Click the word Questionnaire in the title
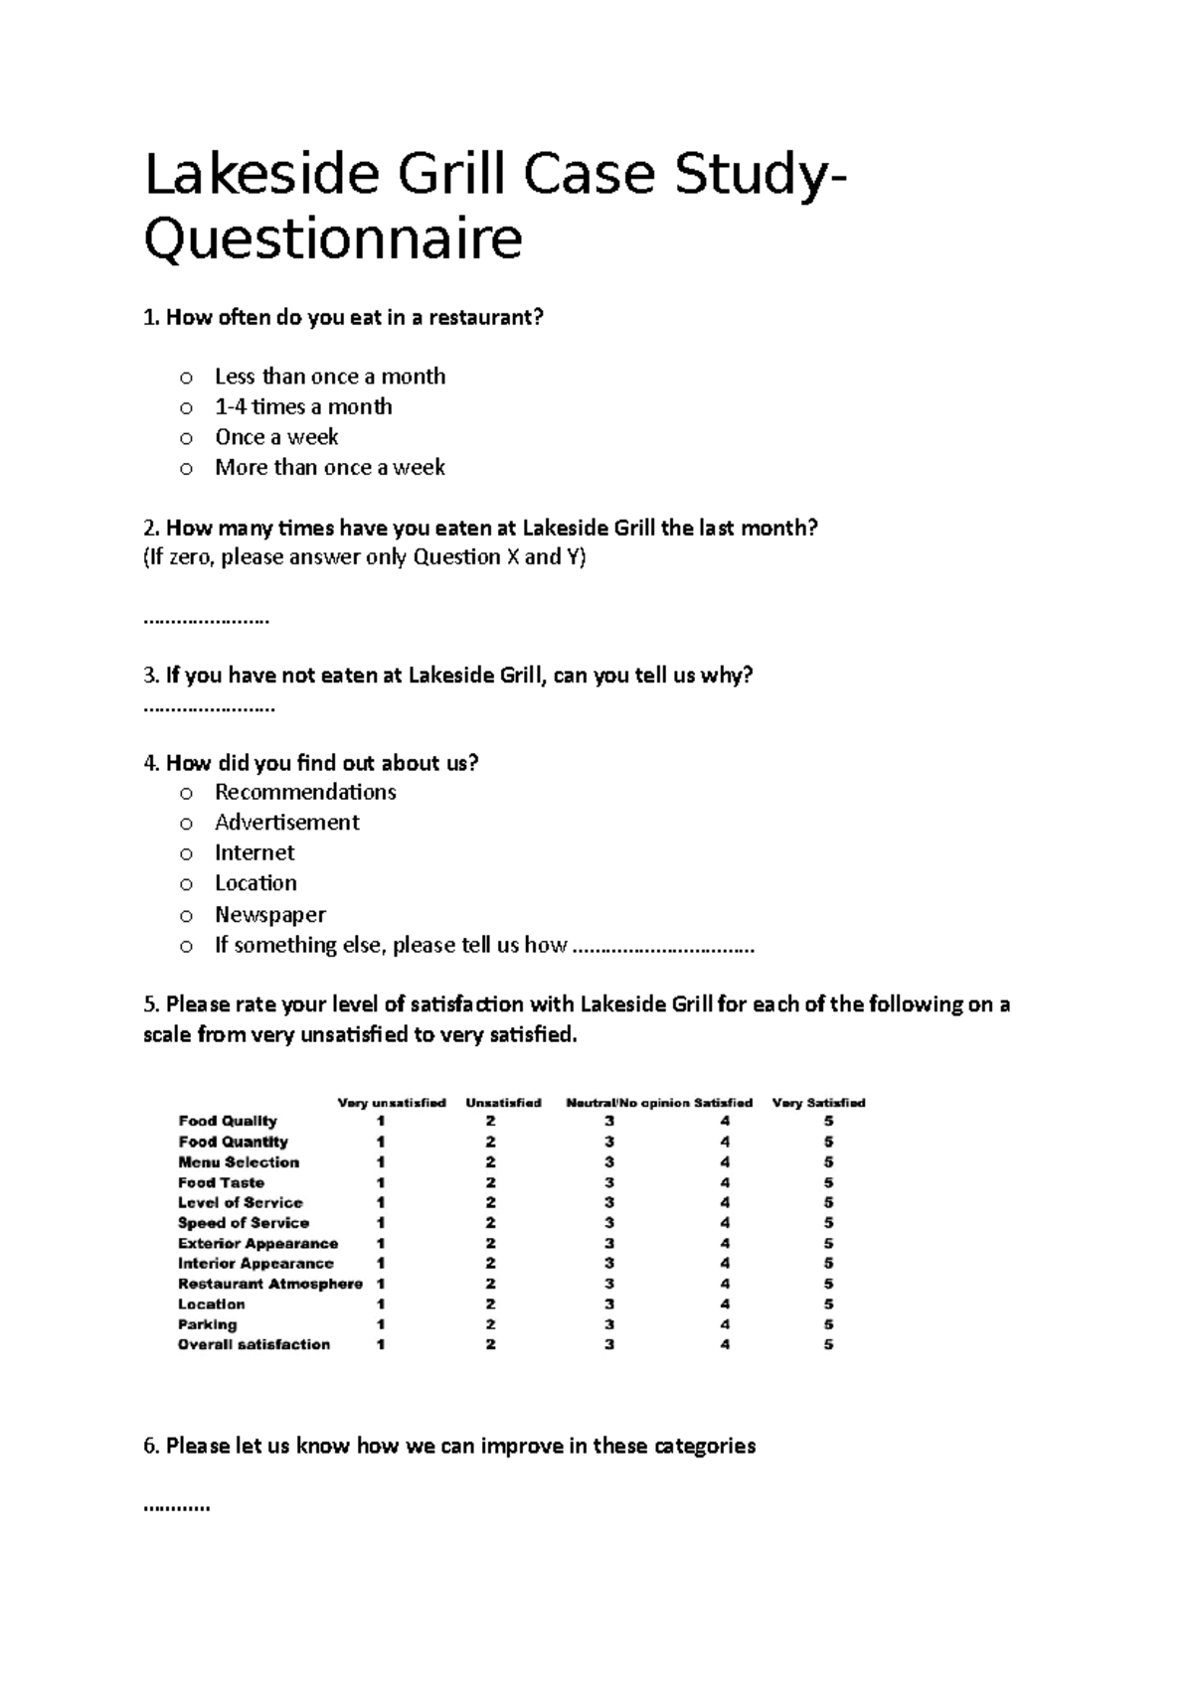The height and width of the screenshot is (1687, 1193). click(x=333, y=240)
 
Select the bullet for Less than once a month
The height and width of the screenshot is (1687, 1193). click(x=185, y=378)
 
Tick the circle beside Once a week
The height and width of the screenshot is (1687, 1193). click(x=185, y=438)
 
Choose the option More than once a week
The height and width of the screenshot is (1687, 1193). click(x=185, y=469)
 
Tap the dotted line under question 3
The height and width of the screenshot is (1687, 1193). click(x=209, y=709)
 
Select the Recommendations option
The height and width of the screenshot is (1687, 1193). click(x=185, y=793)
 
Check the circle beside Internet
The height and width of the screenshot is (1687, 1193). click(x=185, y=853)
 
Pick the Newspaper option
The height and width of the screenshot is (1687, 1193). click(x=185, y=915)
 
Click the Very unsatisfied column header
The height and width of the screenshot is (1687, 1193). click(x=392, y=1103)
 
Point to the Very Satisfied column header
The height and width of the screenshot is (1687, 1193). click(x=818, y=1103)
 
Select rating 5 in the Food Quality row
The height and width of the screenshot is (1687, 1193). click(x=828, y=1122)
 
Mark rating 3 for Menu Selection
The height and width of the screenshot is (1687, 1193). click(x=608, y=1162)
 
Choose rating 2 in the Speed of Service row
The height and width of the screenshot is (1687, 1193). click(x=490, y=1223)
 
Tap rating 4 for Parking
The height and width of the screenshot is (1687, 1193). click(x=725, y=1324)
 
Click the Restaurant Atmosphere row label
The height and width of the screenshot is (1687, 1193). click(x=269, y=1284)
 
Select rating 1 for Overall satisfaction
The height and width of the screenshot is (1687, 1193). click(x=381, y=1344)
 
